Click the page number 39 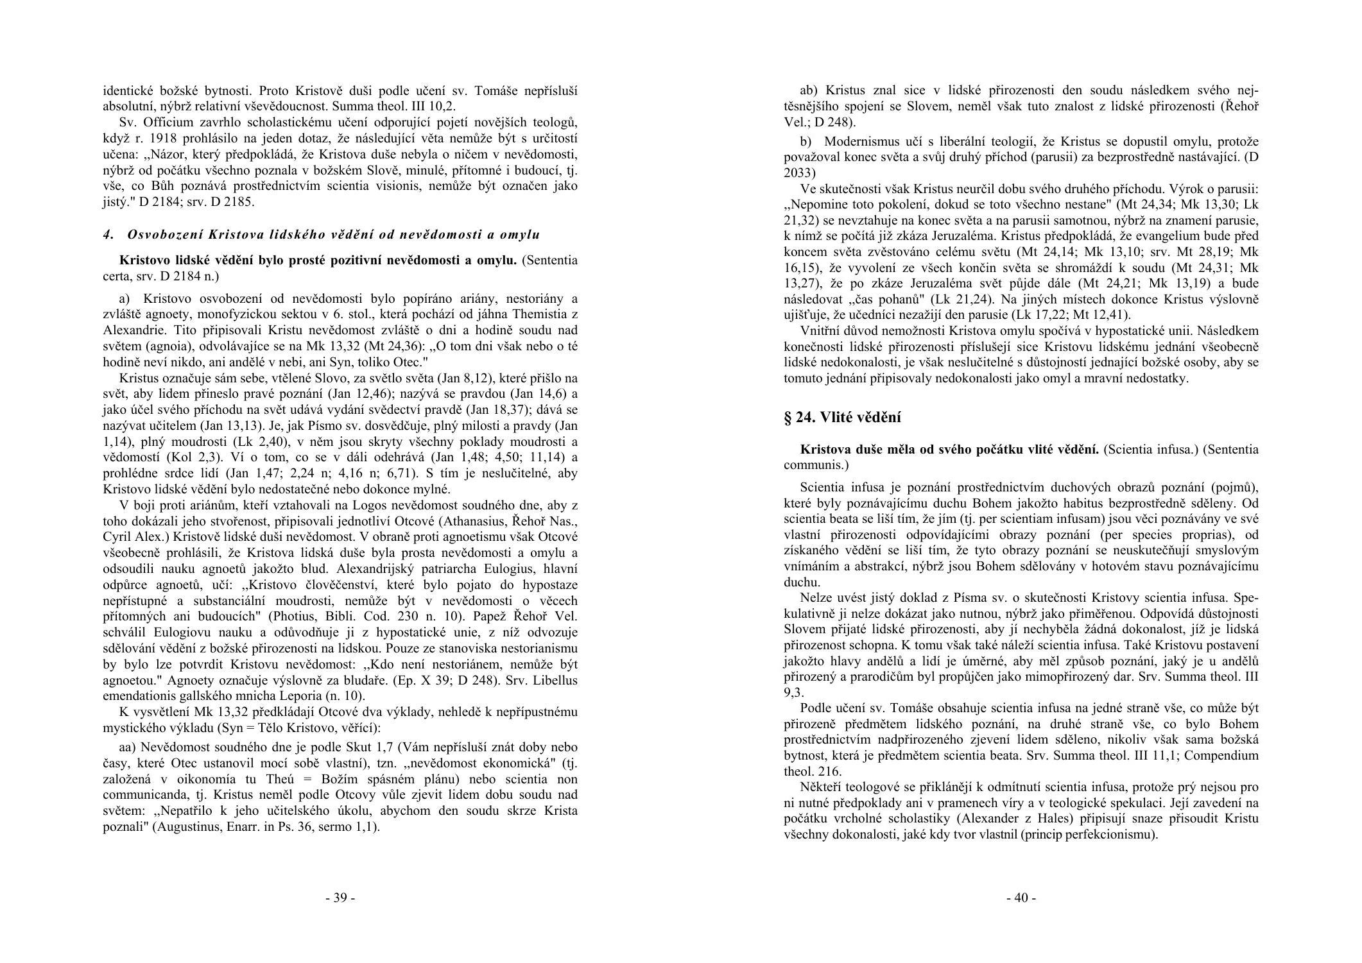[x=340, y=898]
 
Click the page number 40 [x=1021, y=898]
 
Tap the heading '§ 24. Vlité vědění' [x=842, y=418]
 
